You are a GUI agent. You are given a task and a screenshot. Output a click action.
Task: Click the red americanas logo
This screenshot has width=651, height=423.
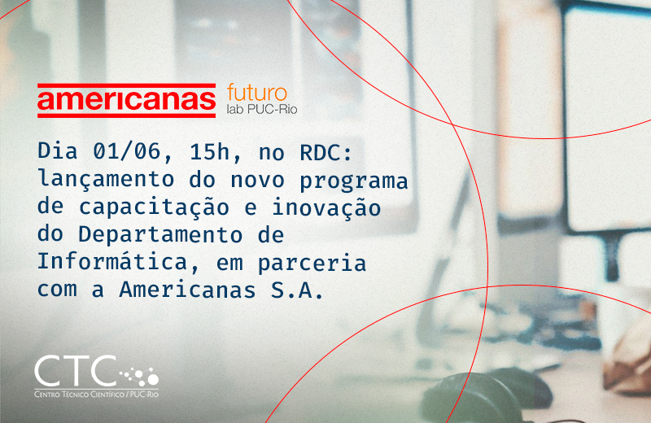point(127,100)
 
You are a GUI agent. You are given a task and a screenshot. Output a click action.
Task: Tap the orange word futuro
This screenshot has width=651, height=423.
point(257,93)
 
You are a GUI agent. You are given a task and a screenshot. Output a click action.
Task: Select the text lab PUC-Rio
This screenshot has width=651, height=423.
point(262,109)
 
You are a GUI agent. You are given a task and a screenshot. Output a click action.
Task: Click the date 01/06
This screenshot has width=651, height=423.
point(127,151)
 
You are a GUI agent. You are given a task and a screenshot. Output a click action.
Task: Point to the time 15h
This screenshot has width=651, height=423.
point(210,152)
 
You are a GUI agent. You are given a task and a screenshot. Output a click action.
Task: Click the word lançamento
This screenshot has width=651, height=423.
point(106,179)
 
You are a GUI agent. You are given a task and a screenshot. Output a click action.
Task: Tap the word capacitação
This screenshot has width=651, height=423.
point(154,207)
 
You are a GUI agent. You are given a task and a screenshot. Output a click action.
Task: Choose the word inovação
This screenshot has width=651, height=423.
point(326,207)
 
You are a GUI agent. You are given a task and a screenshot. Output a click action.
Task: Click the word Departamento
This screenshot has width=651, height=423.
point(160,235)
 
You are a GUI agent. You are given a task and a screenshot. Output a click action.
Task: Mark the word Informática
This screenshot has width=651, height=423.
point(112,261)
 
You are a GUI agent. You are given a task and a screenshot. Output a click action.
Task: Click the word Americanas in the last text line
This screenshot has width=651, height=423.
point(188,290)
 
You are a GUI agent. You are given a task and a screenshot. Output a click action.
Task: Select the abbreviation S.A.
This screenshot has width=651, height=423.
point(297,290)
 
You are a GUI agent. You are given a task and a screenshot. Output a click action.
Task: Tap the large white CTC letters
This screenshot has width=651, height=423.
point(75,370)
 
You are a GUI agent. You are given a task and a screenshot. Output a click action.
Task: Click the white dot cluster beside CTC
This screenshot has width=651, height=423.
point(139,376)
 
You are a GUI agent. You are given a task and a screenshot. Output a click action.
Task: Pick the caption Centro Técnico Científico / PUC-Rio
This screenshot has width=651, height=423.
point(96,394)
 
